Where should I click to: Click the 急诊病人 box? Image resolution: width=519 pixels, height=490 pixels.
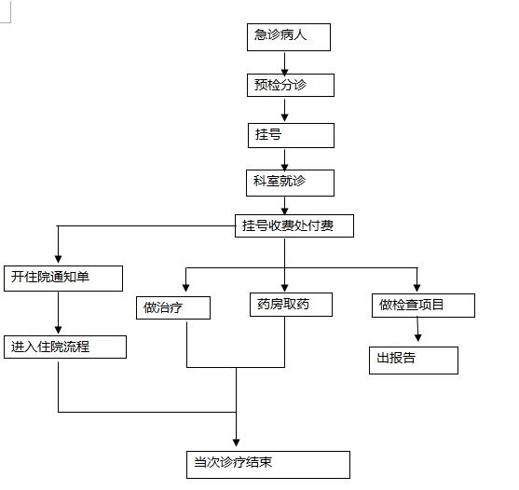pyautogui.click(x=289, y=37)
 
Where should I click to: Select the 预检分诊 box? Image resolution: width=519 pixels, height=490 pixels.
pyautogui.click(x=291, y=86)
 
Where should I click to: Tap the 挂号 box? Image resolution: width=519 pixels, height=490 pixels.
pyautogui.click(x=291, y=135)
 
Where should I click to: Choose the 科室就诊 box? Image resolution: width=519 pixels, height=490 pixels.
pyautogui.click(x=290, y=183)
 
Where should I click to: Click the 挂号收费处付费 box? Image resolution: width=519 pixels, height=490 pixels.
pyautogui.click(x=294, y=226)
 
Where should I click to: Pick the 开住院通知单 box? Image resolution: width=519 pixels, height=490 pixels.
pyautogui.click(x=63, y=279)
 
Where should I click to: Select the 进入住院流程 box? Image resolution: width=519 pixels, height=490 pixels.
pyautogui.click(x=65, y=347)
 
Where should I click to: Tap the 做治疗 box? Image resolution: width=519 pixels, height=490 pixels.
pyautogui.click(x=173, y=307)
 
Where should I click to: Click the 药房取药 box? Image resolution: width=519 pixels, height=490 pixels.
pyautogui.click(x=291, y=305)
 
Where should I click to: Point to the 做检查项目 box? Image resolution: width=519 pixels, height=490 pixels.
pyautogui.click(x=423, y=306)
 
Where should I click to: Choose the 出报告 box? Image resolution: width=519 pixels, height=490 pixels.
pyautogui.click(x=414, y=361)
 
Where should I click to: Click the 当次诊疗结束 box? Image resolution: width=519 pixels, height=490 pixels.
pyautogui.click(x=268, y=465)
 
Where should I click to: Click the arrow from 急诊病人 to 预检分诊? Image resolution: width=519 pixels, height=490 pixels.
pyautogui.click(x=284, y=62)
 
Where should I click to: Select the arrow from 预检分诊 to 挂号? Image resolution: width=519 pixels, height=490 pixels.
pyautogui.click(x=284, y=110)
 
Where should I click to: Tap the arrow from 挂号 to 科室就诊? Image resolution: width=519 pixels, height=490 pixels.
pyautogui.click(x=284, y=159)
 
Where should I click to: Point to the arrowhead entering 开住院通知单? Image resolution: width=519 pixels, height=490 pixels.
pyautogui.click(x=59, y=259)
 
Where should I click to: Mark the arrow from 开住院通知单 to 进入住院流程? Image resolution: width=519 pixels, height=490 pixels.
pyautogui.click(x=59, y=313)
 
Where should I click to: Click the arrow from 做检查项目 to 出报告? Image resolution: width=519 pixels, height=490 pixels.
pyautogui.click(x=417, y=329)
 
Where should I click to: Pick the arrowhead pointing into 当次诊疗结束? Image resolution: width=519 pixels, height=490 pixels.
pyautogui.click(x=236, y=442)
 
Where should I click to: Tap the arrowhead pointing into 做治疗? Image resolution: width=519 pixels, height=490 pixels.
pyautogui.click(x=186, y=288)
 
